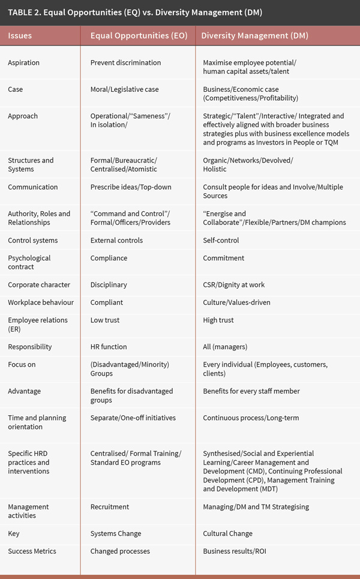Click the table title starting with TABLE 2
click(135, 12)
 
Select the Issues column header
click(20, 35)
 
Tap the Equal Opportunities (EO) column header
click(139, 35)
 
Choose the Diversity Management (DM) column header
click(255, 35)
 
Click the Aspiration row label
click(25, 62)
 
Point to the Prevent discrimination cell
click(125, 62)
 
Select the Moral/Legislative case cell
click(124, 89)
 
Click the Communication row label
click(33, 187)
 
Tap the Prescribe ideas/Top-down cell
click(131, 187)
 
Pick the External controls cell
click(116, 241)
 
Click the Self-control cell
click(221, 241)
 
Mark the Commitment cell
click(224, 258)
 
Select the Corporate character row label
click(39, 285)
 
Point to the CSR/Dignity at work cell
click(234, 285)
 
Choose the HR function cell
click(109, 347)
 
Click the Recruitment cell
click(110, 507)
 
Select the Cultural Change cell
click(228, 533)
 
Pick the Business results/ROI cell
click(235, 551)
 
